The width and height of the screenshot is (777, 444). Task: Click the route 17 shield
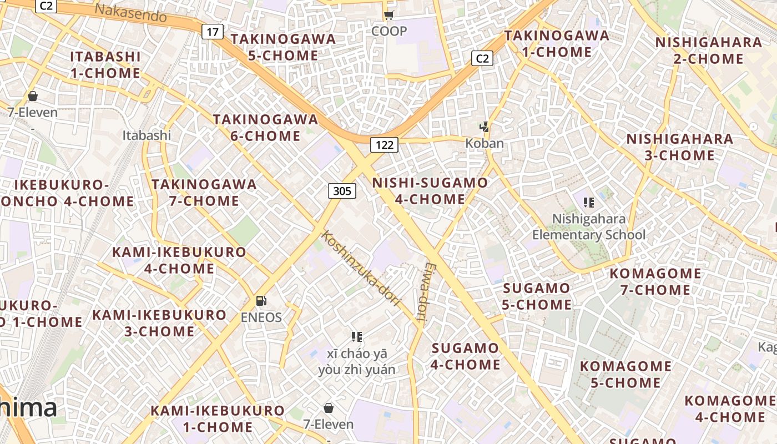point(212,32)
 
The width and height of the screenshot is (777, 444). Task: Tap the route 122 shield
point(384,145)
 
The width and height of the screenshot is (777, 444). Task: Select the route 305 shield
point(342,191)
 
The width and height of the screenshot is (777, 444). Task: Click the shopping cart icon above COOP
point(389,15)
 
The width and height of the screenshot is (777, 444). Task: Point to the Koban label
point(485,143)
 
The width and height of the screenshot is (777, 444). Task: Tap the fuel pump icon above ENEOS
point(261,301)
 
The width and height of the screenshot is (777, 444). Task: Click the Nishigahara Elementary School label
point(589,227)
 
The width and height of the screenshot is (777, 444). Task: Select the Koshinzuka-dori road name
point(361,268)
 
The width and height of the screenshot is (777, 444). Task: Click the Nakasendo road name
point(130,13)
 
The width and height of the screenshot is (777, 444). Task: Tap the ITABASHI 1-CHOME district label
point(105,65)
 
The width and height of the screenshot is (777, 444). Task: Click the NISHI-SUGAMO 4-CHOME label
point(430,191)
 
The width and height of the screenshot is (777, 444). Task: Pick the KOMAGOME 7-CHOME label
point(655,281)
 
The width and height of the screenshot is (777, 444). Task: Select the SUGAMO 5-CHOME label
point(537,296)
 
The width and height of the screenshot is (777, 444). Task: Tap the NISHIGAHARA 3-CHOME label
point(680,147)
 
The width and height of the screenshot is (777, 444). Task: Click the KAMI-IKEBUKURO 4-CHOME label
point(179,260)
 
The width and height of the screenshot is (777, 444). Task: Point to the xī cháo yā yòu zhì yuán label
point(357,362)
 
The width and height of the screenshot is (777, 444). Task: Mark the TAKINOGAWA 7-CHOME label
point(204,193)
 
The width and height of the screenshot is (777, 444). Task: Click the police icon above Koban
point(485,127)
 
